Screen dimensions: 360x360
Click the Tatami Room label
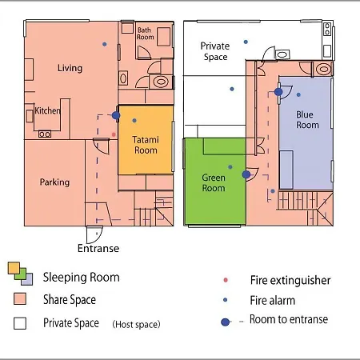(146, 145)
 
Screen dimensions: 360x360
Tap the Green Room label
(214, 182)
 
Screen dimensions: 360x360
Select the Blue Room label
(307, 120)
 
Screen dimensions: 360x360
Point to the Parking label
(54, 182)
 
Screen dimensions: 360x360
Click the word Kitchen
(47, 110)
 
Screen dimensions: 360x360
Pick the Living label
(70, 68)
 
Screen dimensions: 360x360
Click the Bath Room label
(146, 34)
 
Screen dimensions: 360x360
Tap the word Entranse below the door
(98, 248)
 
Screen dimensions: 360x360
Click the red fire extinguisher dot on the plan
(114, 134)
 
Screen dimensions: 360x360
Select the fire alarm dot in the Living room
(105, 44)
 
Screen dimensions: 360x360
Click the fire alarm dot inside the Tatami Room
(134, 121)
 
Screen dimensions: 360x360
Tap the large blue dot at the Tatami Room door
(116, 115)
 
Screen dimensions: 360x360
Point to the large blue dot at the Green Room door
(246, 174)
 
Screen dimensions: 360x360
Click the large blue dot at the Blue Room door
(278, 92)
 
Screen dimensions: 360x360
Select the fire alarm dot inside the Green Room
(230, 167)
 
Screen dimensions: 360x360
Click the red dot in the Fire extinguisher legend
(226, 280)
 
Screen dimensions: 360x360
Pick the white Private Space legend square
(20, 323)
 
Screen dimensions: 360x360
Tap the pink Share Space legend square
(20, 298)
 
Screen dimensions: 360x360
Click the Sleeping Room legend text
(82, 278)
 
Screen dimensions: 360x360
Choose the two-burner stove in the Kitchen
(45, 134)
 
